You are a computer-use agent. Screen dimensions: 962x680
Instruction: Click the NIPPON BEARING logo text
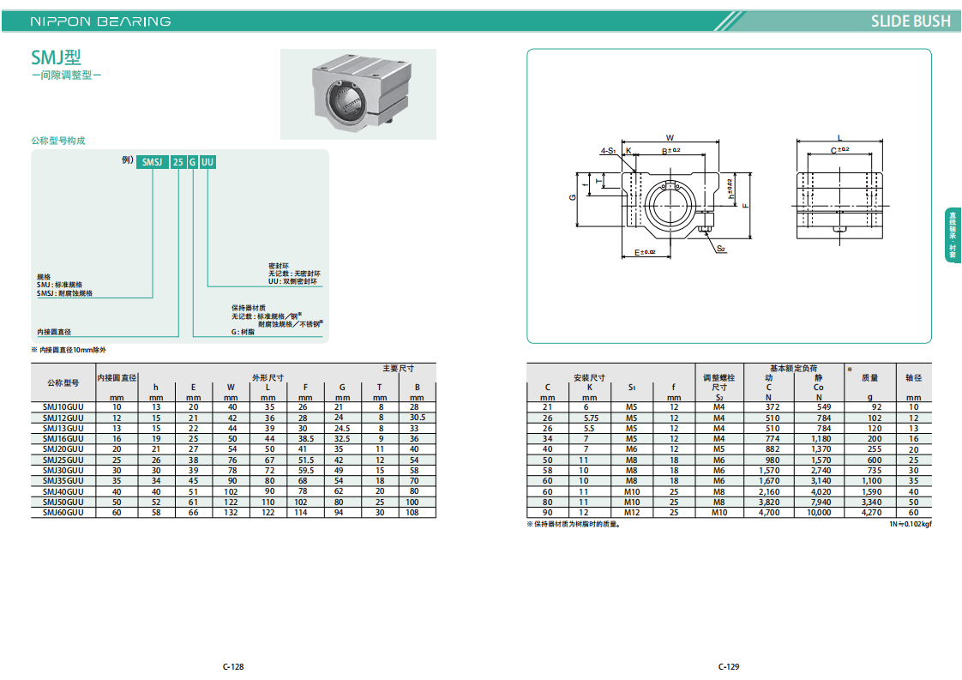point(100,21)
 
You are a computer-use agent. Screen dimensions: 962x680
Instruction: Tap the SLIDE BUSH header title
point(911,21)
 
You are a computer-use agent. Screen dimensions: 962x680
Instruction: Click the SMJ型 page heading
point(56,57)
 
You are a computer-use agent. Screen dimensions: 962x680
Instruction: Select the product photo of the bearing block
point(358,94)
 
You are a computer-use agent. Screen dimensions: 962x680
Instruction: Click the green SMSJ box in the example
point(152,162)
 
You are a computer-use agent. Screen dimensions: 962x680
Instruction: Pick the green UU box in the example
point(207,162)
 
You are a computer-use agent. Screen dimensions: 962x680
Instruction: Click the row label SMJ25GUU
point(63,460)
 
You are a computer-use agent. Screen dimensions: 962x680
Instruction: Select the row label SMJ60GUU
point(63,513)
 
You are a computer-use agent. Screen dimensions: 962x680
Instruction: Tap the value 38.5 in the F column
point(305,439)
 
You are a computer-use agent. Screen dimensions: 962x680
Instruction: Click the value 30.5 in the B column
point(418,418)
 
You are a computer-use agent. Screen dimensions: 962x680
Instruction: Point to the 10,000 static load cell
point(819,513)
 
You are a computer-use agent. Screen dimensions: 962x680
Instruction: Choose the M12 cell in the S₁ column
point(632,513)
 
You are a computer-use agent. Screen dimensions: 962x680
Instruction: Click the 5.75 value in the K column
point(590,418)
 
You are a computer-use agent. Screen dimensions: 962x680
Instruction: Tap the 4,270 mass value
point(871,513)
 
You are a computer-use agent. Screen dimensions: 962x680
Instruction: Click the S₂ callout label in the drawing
point(721,249)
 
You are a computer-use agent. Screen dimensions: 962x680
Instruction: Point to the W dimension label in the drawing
point(670,137)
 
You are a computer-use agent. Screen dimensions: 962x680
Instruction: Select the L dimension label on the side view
point(840,138)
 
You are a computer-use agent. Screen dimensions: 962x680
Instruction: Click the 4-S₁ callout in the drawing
point(608,150)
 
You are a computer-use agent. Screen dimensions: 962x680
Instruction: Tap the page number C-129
point(729,666)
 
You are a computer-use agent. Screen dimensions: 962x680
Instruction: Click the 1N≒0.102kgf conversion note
point(911,524)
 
